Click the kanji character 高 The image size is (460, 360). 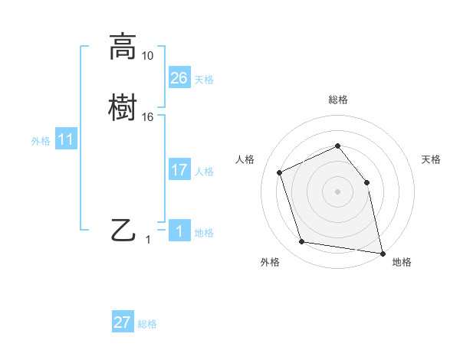(123, 47)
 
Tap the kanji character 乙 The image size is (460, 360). (123, 229)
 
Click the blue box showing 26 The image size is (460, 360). (179, 78)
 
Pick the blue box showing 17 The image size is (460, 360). (179, 170)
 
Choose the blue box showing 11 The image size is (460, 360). (66, 139)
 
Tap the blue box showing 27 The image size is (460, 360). (123, 322)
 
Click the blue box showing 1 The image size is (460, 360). (179, 231)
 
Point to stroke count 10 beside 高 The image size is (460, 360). (148, 56)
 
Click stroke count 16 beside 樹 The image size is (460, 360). (148, 116)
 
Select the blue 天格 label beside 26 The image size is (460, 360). (204, 80)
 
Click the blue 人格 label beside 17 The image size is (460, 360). (204, 172)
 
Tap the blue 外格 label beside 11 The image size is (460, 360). (41, 141)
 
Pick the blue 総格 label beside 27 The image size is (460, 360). (147, 324)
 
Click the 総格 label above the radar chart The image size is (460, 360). (337, 100)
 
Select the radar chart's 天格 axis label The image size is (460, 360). (431, 159)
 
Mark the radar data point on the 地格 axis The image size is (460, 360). (382, 252)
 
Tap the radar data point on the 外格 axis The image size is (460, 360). (302, 242)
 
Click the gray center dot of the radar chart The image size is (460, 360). (337, 191)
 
